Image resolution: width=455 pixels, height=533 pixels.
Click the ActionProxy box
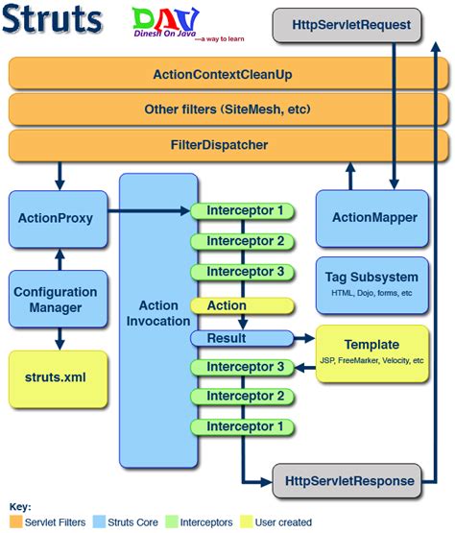[55, 218]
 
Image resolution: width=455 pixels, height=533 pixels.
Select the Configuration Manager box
[55, 300]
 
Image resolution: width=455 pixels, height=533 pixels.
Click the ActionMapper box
[369, 218]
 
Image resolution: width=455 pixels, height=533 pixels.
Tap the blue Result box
[240, 337]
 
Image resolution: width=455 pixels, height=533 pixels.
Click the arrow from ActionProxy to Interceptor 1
[149, 210]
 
